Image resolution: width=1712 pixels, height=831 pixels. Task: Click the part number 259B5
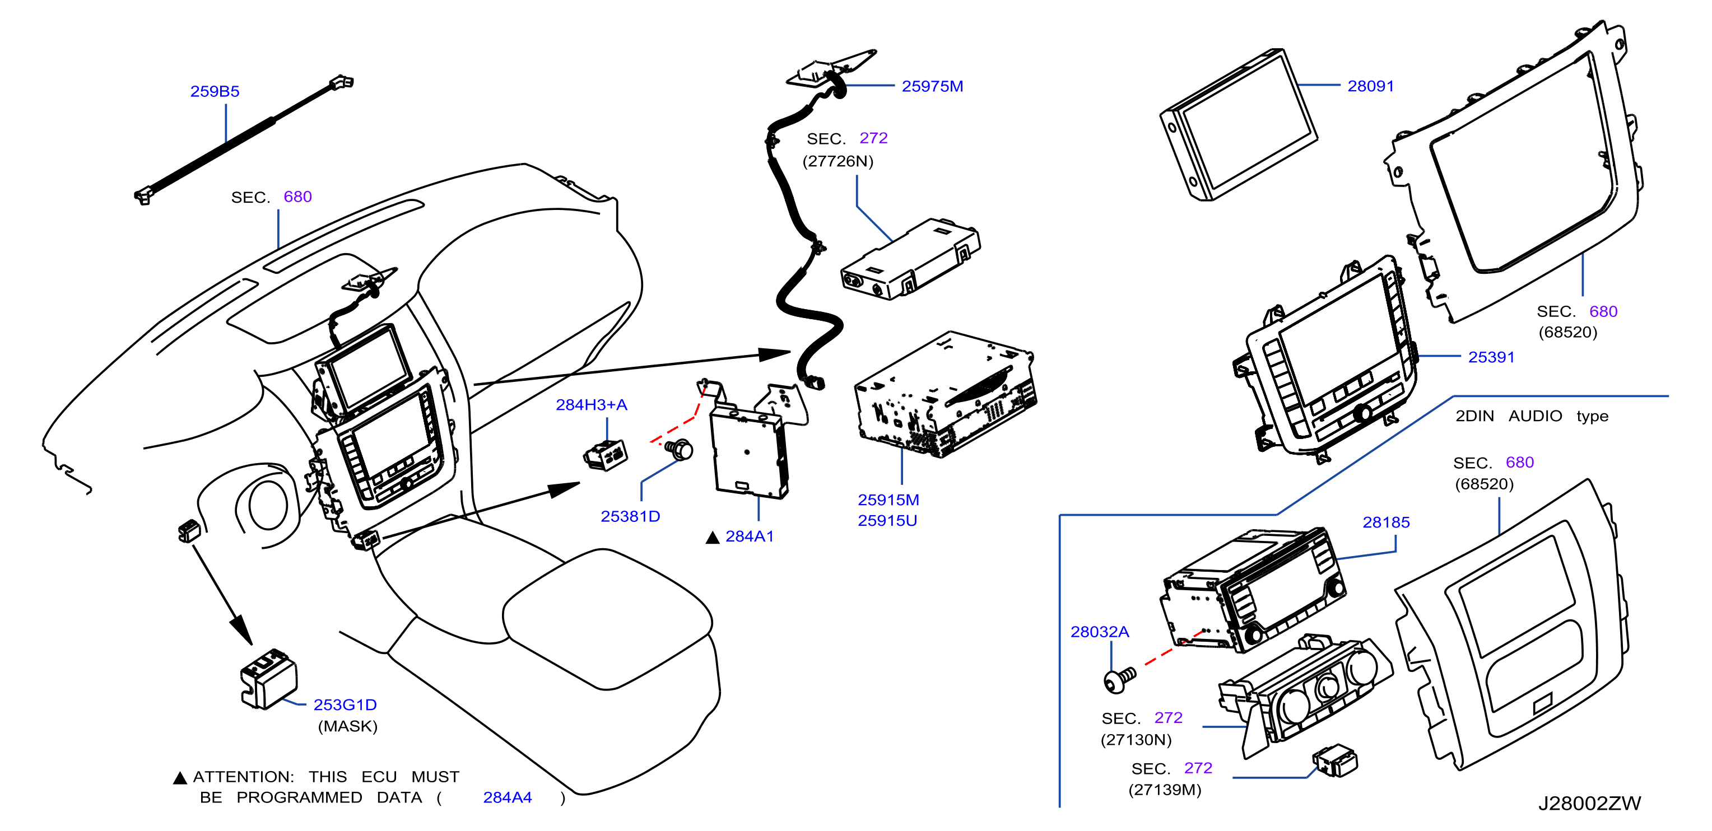[215, 92]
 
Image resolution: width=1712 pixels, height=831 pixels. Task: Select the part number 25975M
[932, 86]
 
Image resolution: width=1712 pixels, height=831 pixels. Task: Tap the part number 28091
[1370, 86]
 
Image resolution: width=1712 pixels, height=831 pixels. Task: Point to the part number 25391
[1491, 357]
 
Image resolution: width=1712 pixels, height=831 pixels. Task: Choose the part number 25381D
[630, 516]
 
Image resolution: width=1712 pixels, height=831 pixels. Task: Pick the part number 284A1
[749, 536]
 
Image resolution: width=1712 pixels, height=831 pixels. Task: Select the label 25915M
[888, 499]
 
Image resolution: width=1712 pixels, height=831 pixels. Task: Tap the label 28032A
[1099, 632]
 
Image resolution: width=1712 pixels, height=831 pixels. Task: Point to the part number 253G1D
[345, 705]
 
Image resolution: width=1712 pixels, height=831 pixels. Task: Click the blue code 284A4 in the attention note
[507, 797]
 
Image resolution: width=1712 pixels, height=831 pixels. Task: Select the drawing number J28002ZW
[1589, 803]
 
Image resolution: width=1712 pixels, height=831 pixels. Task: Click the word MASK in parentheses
[347, 726]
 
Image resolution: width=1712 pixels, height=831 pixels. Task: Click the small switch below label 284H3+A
[606, 456]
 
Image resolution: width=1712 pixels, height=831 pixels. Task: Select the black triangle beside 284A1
[713, 538]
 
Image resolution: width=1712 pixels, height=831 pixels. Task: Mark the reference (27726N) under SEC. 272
[838, 161]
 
